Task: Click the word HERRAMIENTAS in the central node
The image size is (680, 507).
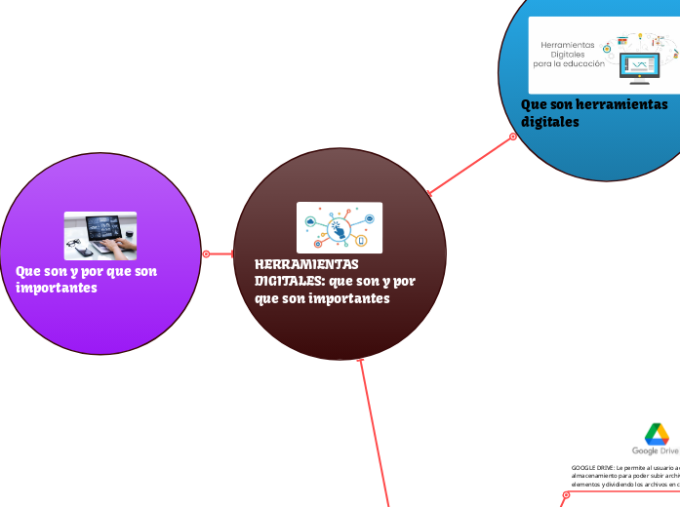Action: (294, 264)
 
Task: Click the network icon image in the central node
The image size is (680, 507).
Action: (339, 227)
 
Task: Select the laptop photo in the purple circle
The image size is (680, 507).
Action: (100, 235)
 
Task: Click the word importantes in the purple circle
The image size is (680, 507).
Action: (57, 288)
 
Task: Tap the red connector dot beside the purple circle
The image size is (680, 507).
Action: (206, 254)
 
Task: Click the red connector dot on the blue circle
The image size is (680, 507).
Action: (513, 136)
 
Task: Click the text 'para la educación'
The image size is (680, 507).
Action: (569, 63)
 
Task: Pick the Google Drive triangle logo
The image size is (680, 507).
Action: (656, 434)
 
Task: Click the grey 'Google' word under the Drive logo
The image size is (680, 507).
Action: (644, 450)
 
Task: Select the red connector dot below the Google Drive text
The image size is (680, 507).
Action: (564, 496)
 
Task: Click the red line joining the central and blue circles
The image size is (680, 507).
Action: (468, 166)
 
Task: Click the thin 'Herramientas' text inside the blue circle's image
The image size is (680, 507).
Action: (568, 45)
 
